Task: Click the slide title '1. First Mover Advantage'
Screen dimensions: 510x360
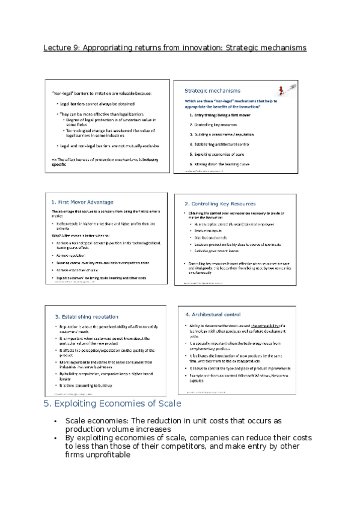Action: (82, 201)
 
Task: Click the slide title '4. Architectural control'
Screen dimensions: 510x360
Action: (213, 314)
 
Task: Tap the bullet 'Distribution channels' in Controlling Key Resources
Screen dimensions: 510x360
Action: (213, 236)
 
